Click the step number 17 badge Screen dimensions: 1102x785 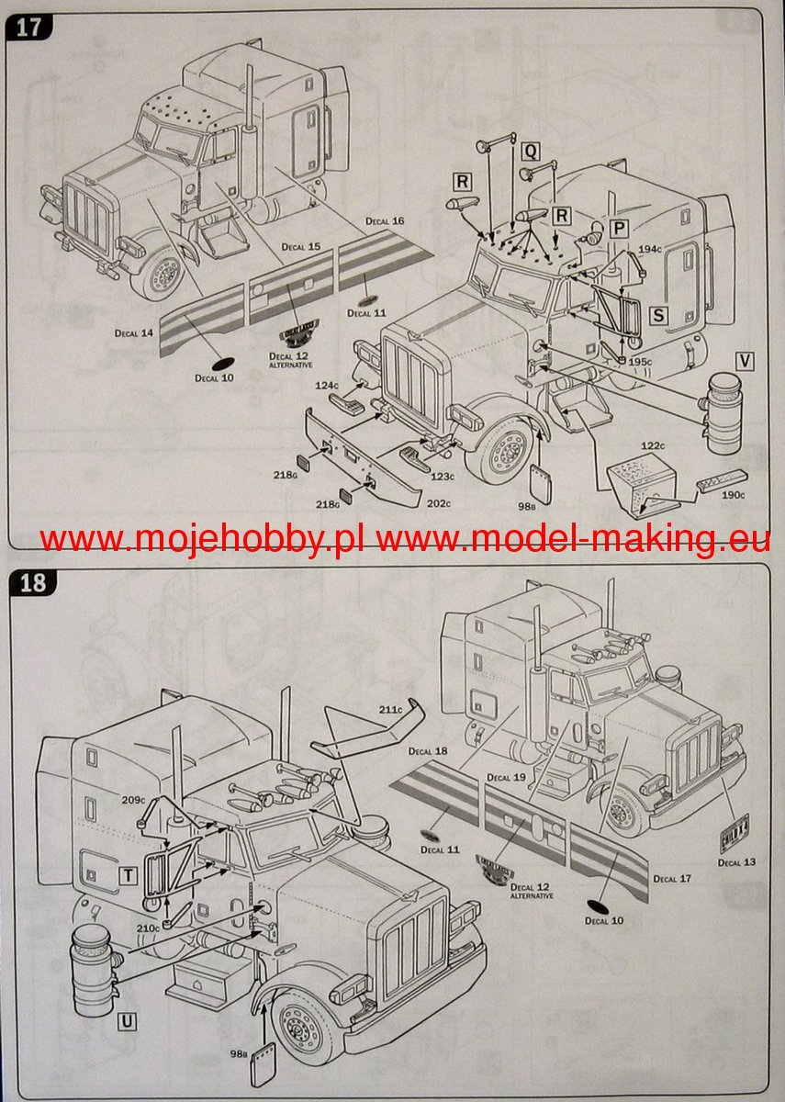(28, 27)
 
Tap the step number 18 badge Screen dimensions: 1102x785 (32, 582)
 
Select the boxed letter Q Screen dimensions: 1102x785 (531, 152)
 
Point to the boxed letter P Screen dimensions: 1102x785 (620, 227)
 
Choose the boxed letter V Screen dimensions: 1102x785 (744, 361)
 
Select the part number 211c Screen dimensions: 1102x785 (390, 708)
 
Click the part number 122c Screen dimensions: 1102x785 (652, 445)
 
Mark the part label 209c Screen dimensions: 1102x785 (134, 800)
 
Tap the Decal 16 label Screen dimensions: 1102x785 (385, 221)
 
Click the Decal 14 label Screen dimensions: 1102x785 (134, 332)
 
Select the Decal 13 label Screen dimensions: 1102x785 (736, 862)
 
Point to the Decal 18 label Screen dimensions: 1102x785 (428, 751)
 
